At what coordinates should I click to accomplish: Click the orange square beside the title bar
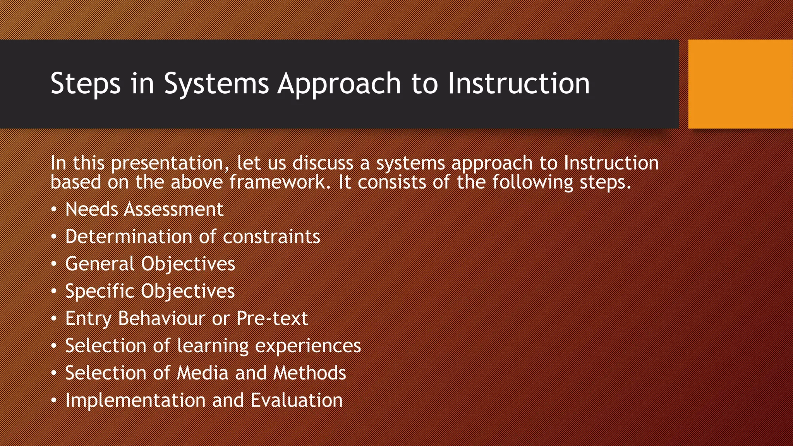pyautogui.click(x=740, y=84)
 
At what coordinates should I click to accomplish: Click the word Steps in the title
pyautogui.click(x=85, y=84)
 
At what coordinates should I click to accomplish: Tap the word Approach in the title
pyautogui.click(x=339, y=84)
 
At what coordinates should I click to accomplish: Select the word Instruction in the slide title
pyautogui.click(x=518, y=84)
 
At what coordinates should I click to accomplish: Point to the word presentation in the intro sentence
pyautogui.click(x=167, y=163)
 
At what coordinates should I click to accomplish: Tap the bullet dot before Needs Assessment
pyautogui.click(x=54, y=209)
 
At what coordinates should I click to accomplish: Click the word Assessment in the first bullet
pyautogui.click(x=173, y=209)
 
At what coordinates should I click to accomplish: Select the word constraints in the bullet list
pyautogui.click(x=271, y=237)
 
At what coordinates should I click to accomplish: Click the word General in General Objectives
pyautogui.click(x=100, y=264)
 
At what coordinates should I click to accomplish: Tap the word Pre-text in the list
pyautogui.click(x=272, y=319)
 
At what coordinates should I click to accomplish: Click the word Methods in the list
pyautogui.click(x=309, y=373)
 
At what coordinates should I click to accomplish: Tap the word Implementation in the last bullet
pyautogui.click(x=135, y=400)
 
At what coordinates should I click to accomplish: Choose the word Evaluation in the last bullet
pyautogui.click(x=297, y=400)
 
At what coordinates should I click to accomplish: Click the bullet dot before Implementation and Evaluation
pyautogui.click(x=54, y=400)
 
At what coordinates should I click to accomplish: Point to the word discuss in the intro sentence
pyautogui.click(x=323, y=163)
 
